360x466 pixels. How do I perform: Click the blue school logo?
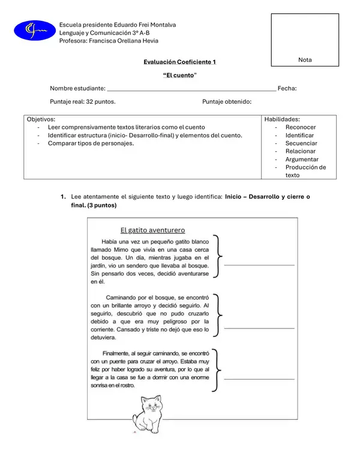tap(34, 29)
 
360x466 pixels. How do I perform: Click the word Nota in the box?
tap(305, 60)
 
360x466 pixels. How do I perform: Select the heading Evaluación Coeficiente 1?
tap(179, 62)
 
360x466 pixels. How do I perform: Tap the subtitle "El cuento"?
tap(179, 75)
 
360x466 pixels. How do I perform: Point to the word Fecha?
tap(287, 88)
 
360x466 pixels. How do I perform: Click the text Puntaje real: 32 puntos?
tap(83, 102)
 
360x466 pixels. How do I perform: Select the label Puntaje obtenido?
tap(227, 102)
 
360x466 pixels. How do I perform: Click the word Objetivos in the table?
tap(41, 119)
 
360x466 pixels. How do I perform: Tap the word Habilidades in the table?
tap(282, 119)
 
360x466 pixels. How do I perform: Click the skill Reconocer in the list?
tap(301, 127)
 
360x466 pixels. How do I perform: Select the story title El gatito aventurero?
tap(152, 230)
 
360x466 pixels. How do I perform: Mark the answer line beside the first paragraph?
tap(259, 264)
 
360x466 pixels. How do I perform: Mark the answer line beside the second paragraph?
tap(259, 328)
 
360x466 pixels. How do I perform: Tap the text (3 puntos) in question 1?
tap(101, 205)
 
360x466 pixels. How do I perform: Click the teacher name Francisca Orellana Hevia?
tap(107, 41)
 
